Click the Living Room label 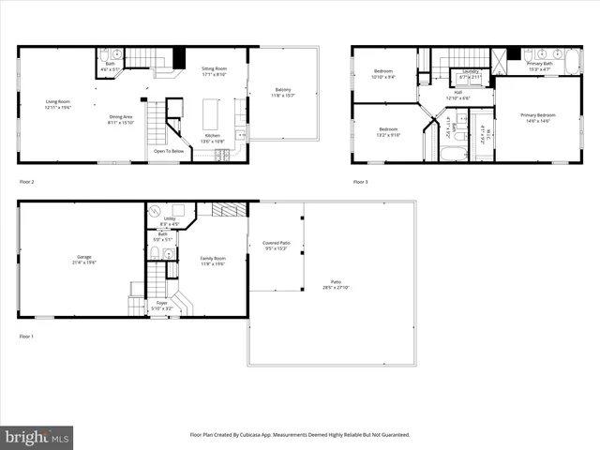click(58, 104)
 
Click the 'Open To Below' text click(168, 150)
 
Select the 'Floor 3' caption click(361, 181)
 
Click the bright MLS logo click(37, 437)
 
